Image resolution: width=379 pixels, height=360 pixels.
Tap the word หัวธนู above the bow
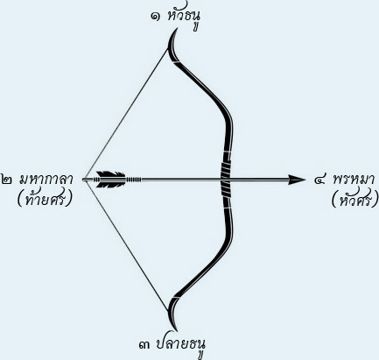click(x=184, y=18)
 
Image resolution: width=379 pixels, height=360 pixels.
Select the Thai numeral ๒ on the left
click(x=6, y=180)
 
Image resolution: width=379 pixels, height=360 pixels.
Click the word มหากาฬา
click(x=46, y=179)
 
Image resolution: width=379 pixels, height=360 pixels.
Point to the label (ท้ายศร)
click(x=45, y=200)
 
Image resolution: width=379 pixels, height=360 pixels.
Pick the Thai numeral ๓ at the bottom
click(x=144, y=345)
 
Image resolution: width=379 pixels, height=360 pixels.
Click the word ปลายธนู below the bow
click(x=180, y=346)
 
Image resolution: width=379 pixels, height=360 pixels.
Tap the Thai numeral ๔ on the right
click(x=320, y=180)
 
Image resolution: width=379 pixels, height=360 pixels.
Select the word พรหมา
click(x=354, y=179)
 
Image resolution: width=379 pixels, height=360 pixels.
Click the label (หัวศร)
click(x=355, y=200)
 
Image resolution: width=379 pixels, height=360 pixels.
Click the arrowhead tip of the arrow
click(x=305, y=180)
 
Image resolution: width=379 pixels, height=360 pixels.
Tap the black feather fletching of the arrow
click(x=110, y=180)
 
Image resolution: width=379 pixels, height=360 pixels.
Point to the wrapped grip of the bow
click(x=226, y=180)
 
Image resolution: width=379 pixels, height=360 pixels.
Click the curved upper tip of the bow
click(x=172, y=41)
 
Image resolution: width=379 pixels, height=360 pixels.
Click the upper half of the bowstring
click(x=125, y=113)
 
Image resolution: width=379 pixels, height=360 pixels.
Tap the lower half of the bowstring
click(x=125, y=246)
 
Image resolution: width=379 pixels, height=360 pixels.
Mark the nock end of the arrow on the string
click(x=85, y=180)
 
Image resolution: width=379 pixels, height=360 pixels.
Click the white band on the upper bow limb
click(x=176, y=62)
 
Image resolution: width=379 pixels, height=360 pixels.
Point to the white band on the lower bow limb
click(x=176, y=297)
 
